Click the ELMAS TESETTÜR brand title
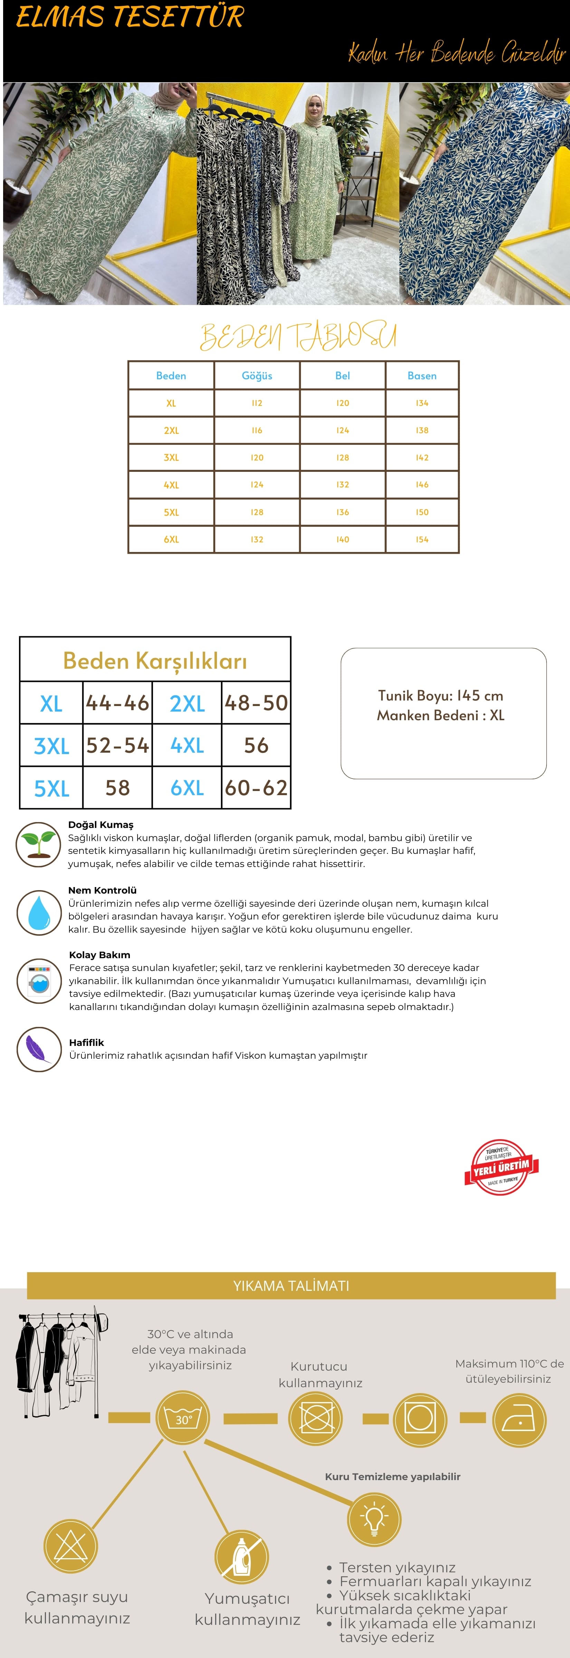(x=130, y=17)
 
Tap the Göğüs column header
(x=257, y=376)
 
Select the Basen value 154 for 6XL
(x=422, y=539)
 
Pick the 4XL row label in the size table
(x=171, y=485)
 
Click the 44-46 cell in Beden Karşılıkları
(x=118, y=703)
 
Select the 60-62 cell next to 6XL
(x=256, y=788)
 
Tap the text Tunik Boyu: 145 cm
(x=441, y=696)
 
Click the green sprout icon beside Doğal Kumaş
(x=39, y=844)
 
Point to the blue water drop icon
(x=39, y=912)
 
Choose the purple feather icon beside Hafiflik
(x=39, y=1049)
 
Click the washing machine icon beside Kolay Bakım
(x=39, y=980)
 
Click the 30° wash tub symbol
(x=183, y=1418)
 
